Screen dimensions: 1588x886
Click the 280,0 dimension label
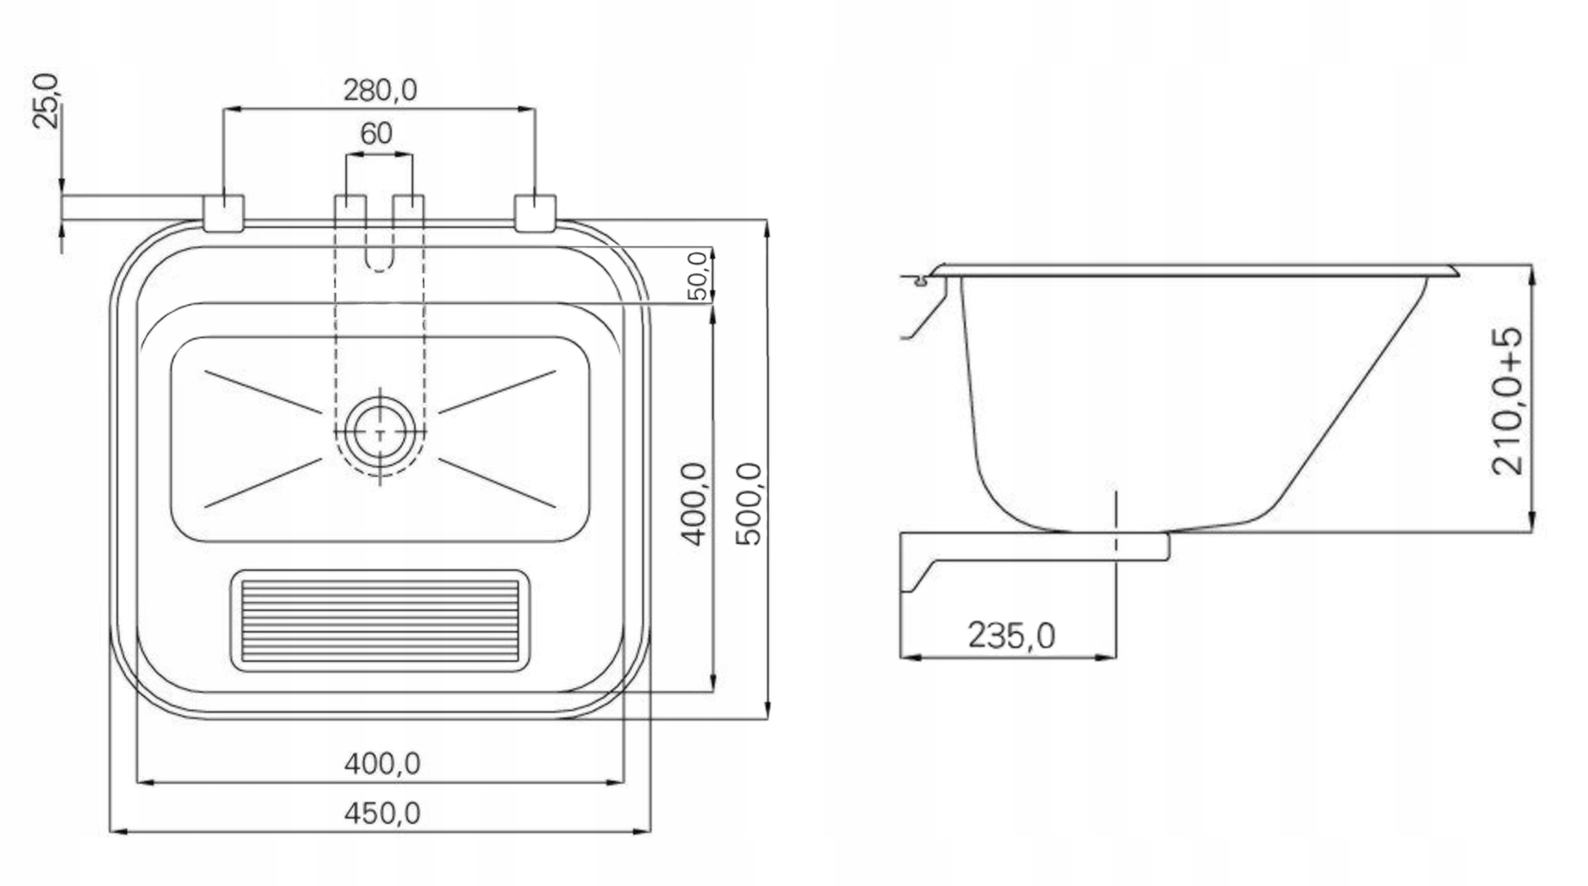pos(380,91)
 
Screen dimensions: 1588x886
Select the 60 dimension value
pos(376,133)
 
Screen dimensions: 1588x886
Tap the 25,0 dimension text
pos(46,101)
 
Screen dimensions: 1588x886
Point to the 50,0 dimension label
pos(699,275)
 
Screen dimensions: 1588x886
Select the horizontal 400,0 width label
pos(382,764)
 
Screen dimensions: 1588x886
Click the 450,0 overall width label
pos(382,813)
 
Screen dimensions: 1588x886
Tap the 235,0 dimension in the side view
pos(1011,636)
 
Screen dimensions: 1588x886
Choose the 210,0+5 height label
pos(1507,402)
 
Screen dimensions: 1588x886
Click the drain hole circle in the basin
pos(380,434)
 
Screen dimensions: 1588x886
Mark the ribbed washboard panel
pos(380,620)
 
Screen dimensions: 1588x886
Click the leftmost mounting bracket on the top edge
pos(223,213)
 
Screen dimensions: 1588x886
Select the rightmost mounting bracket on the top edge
pos(535,213)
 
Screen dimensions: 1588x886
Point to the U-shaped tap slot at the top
pos(379,248)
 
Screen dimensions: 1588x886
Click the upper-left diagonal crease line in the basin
pos(263,392)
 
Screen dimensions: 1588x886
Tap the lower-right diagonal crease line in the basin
pos(497,483)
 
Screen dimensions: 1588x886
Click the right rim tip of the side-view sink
pos(1455,271)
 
